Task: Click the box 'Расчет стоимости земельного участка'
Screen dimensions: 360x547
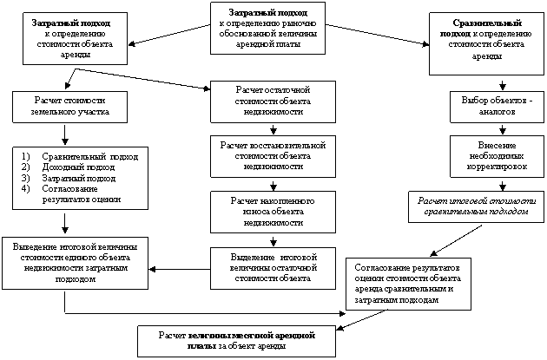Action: click(59, 106)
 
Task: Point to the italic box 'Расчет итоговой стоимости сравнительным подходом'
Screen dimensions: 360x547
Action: click(477, 205)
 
